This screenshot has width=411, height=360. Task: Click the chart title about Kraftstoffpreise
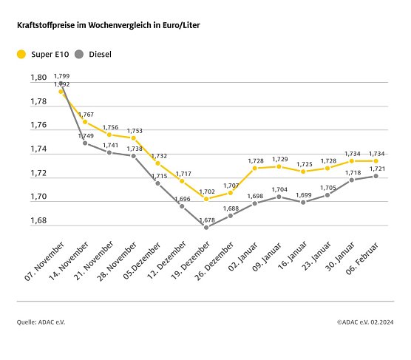coord(108,25)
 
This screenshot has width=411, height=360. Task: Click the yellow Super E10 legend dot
coord(21,54)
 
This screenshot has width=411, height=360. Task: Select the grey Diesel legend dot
coord(80,54)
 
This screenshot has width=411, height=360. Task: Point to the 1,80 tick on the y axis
coord(38,77)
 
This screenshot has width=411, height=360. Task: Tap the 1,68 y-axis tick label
coord(38,221)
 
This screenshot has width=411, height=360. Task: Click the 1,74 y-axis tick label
coord(38,149)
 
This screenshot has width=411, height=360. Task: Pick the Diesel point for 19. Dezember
coord(206,227)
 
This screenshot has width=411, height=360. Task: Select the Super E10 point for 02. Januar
coord(255,168)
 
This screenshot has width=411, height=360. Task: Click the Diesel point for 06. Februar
coord(377,176)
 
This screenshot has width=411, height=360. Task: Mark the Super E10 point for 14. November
coord(85,121)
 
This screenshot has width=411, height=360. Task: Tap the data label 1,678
coord(206,219)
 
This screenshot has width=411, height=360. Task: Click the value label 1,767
coord(86,114)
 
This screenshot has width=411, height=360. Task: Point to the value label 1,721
coord(377,169)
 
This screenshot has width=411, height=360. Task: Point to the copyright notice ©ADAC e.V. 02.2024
coord(365,322)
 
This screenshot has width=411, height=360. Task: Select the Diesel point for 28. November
coord(134,156)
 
